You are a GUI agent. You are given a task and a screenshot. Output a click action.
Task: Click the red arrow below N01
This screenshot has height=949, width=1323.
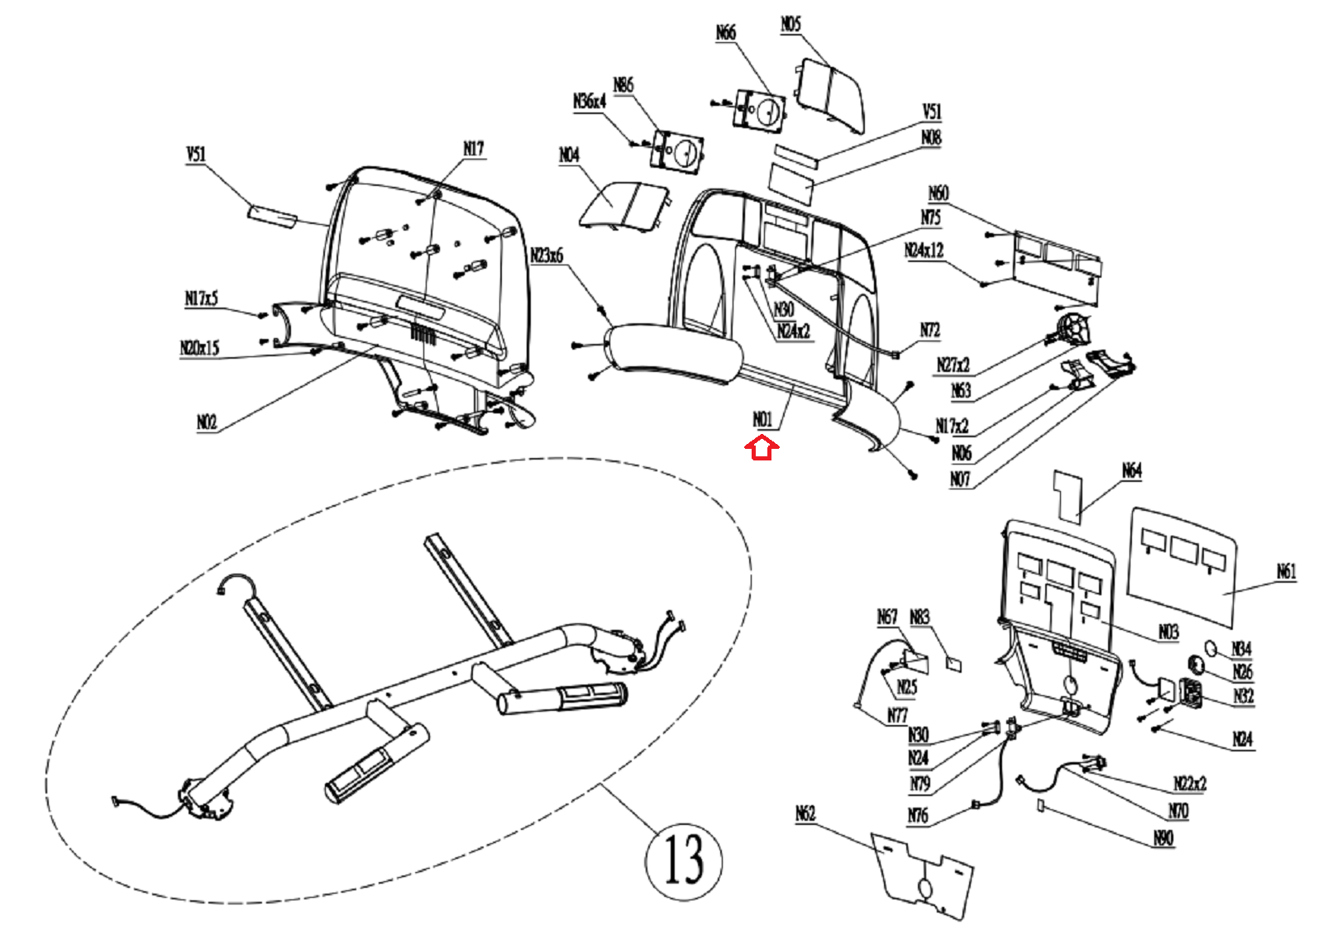point(762,449)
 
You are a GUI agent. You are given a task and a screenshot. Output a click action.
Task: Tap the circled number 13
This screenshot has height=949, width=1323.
point(683,860)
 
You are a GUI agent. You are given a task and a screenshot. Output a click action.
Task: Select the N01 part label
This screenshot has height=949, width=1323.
point(762,419)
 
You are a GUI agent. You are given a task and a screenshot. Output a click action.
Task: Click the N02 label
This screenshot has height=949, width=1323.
point(207,422)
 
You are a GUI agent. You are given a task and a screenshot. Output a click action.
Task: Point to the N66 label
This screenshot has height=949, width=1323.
point(725,32)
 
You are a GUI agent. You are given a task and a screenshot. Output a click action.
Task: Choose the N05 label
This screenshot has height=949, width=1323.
point(790,24)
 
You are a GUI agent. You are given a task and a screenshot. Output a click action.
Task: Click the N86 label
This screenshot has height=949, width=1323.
point(623,84)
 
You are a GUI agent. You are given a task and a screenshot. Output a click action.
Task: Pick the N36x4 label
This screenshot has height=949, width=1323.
point(590,101)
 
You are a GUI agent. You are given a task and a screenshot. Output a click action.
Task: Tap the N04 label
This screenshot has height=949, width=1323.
point(569,155)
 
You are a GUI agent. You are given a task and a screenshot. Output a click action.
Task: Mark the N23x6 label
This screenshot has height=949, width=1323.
point(547,255)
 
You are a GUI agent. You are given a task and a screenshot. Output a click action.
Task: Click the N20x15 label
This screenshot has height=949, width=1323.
point(200,347)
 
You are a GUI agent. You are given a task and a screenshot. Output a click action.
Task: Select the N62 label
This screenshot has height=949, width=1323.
point(805,813)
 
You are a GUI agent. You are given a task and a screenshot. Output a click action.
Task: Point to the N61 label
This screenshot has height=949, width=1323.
point(1286,571)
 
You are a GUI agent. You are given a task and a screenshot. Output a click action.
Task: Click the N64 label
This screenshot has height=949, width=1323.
point(1132,470)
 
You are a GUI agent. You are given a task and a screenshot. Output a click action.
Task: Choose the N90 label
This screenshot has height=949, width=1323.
point(1163,838)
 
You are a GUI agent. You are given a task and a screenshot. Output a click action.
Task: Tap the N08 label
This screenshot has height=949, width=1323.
point(931,137)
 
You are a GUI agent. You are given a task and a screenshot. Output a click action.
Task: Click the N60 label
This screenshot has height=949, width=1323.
point(939,193)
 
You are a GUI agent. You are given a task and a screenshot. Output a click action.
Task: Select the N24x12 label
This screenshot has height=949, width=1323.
point(924,250)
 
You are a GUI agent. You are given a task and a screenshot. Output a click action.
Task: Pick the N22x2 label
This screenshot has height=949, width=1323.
point(1190,783)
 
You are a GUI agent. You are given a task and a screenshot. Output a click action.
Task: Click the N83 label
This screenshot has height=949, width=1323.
point(919,617)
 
